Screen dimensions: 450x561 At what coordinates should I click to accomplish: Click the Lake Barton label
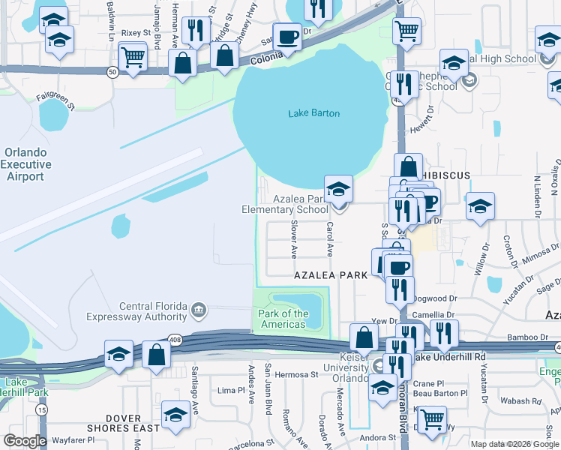tap(314, 114)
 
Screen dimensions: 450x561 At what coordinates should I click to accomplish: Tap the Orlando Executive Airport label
tap(26, 165)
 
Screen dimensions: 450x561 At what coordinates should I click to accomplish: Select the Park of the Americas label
tap(283, 319)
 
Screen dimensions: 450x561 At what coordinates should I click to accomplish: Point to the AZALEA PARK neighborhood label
tap(331, 275)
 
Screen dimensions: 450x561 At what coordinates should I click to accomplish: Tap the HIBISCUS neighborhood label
tap(446, 175)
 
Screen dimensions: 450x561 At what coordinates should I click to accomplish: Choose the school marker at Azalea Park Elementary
tap(338, 189)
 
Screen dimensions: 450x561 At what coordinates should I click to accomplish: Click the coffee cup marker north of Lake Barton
tap(287, 36)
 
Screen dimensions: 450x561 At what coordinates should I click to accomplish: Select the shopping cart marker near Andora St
tap(432, 421)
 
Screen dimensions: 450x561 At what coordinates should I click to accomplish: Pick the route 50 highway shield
tap(112, 72)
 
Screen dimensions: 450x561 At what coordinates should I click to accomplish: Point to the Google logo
tap(25, 441)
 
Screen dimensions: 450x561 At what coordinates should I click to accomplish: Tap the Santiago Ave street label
tap(195, 382)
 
